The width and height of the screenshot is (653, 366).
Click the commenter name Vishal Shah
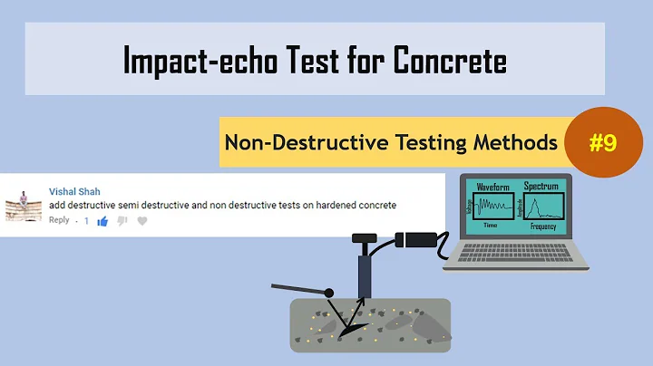pos(74,192)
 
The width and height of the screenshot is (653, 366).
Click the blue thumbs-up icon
pos(102,220)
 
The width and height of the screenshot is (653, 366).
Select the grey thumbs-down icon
pos(122,220)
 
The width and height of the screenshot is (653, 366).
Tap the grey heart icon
pos(142,220)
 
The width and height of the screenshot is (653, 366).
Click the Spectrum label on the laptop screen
pos(541,185)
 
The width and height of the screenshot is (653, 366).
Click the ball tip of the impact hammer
pos(328,292)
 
